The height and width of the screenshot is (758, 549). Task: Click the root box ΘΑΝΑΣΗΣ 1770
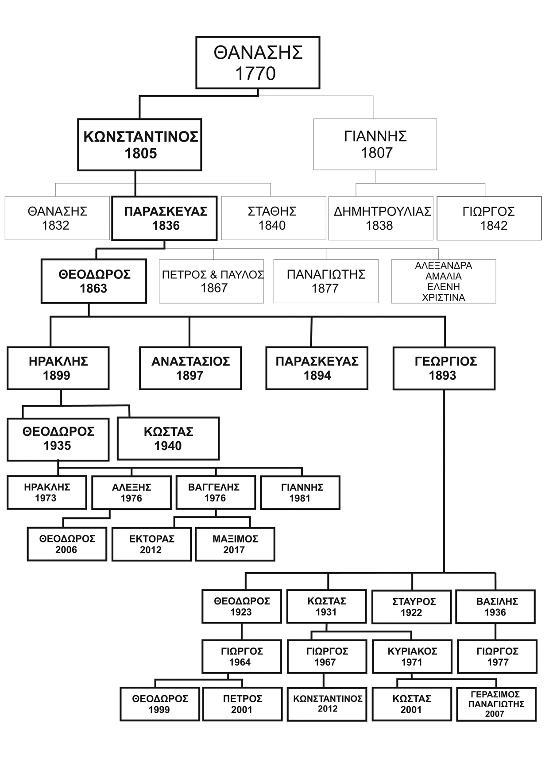[258, 62]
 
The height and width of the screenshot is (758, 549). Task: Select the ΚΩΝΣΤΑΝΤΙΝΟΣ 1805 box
[139, 145]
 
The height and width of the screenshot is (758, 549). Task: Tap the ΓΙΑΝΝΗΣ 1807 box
[375, 144]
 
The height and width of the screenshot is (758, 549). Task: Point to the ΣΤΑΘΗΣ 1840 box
[273, 218]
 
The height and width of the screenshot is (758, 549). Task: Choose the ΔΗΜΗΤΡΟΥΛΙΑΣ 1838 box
[381, 218]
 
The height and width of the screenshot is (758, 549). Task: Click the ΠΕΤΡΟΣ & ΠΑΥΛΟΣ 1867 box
[212, 281]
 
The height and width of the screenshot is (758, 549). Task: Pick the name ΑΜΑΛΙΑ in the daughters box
[443, 276]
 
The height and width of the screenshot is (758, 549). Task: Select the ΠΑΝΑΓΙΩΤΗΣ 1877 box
[326, 281]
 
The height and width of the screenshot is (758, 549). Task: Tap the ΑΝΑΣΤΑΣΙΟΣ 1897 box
[190, 368]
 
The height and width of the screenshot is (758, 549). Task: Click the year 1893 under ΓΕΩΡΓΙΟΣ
[442, 376]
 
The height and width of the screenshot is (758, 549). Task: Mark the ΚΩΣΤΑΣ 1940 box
[168, 439]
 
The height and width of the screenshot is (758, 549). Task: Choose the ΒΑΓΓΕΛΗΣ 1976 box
[216, 493]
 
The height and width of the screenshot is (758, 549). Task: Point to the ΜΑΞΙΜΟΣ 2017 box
[235, 544]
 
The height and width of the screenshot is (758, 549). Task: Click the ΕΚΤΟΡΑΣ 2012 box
[151, 544]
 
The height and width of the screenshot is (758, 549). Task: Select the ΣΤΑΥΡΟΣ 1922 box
[411, 607]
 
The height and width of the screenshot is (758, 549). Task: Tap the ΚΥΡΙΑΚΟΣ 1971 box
[412, 657]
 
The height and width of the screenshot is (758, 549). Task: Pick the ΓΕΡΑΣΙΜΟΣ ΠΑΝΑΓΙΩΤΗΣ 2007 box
[496, 704]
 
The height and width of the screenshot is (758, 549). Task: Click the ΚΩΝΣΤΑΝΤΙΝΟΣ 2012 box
[327, 704]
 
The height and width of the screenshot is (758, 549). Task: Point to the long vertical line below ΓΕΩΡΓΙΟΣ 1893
[444, 482]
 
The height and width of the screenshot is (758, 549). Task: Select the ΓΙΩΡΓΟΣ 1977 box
[497, 657]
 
